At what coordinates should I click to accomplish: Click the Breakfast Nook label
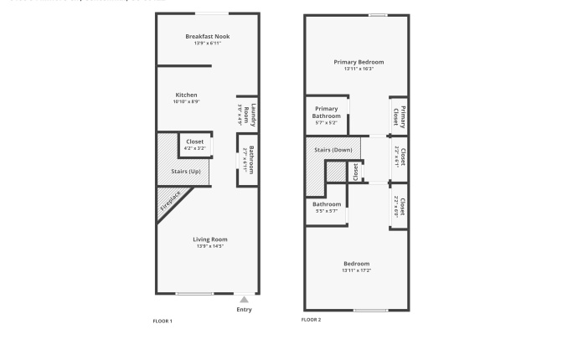[x=207, y=36]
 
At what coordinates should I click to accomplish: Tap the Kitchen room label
[x=186, y=95]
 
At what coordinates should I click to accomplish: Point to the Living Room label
[x=210, y=239]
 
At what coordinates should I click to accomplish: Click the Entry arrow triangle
[x=244, y=299]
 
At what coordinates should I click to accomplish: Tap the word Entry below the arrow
[x=244, y=310]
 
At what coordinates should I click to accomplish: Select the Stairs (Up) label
[x=186, y=172]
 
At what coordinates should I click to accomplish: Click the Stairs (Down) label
[x=333, y=150]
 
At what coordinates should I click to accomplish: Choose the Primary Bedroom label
[x=359, y=62]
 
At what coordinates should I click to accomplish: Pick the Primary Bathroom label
[x=327, y=112]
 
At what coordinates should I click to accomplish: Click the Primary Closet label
[x=402, y=116]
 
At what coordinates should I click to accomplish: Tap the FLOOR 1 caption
[x=163, y=321]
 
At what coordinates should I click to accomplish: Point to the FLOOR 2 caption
[x=311, y=319]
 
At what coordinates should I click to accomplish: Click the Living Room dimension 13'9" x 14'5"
[x=210, y=246]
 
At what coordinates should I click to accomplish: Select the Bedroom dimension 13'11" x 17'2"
[x=357, y=270]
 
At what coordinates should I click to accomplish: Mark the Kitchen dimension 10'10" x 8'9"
[x=186, y=101]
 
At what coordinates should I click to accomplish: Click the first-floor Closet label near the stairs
[x=194, y=141]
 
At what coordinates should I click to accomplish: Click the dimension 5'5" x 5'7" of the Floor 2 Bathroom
[x=327, y=211]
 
